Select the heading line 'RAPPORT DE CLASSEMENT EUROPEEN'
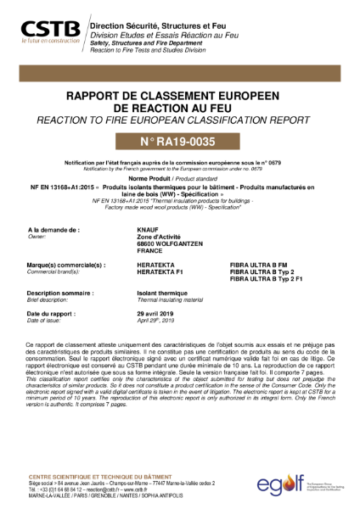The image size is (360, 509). click(179, 97)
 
